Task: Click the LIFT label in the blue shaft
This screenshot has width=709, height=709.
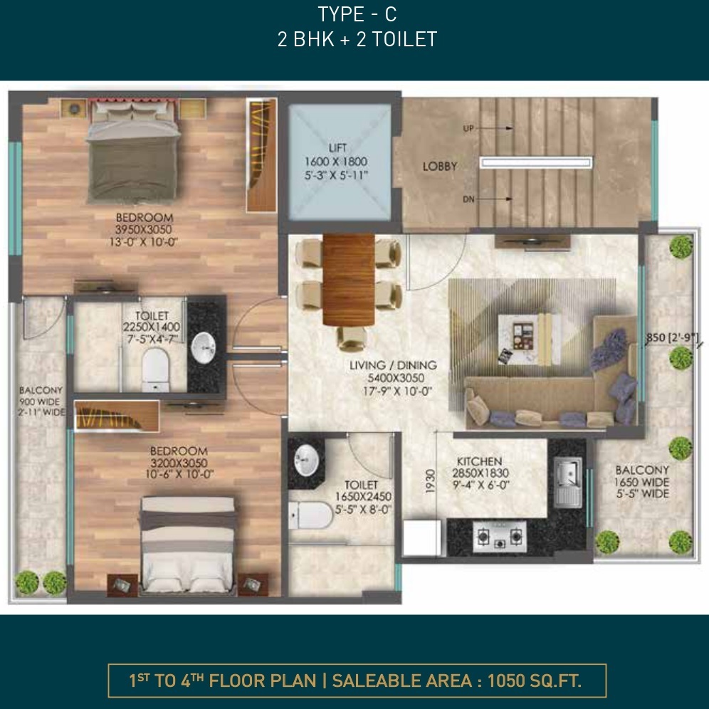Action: [337, 148]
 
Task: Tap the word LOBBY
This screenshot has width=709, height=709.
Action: [439, 167]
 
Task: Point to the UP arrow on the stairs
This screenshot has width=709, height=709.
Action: [494, 128]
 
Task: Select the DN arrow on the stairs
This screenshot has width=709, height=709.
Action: [494, 199]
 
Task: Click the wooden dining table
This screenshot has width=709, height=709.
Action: [349, 279]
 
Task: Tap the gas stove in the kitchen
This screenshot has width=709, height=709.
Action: [500, 536]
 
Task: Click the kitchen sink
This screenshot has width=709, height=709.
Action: [568, 482]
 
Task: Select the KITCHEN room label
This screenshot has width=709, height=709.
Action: [479, 461]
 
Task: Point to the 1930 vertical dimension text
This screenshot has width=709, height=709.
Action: [431, 480]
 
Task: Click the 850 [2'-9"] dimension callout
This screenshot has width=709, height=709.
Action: [672, 337]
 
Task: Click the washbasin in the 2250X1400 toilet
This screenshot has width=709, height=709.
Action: [204, 347]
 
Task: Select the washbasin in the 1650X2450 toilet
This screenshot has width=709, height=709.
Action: [307, 461]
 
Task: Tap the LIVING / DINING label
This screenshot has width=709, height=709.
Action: [393, 365]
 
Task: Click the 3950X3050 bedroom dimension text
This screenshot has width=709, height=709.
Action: [143, 230]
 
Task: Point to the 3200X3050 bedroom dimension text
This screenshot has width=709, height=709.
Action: [179, 463]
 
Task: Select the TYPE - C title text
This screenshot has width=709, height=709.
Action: [357, 14]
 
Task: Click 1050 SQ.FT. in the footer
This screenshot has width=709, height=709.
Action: [535, 681]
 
